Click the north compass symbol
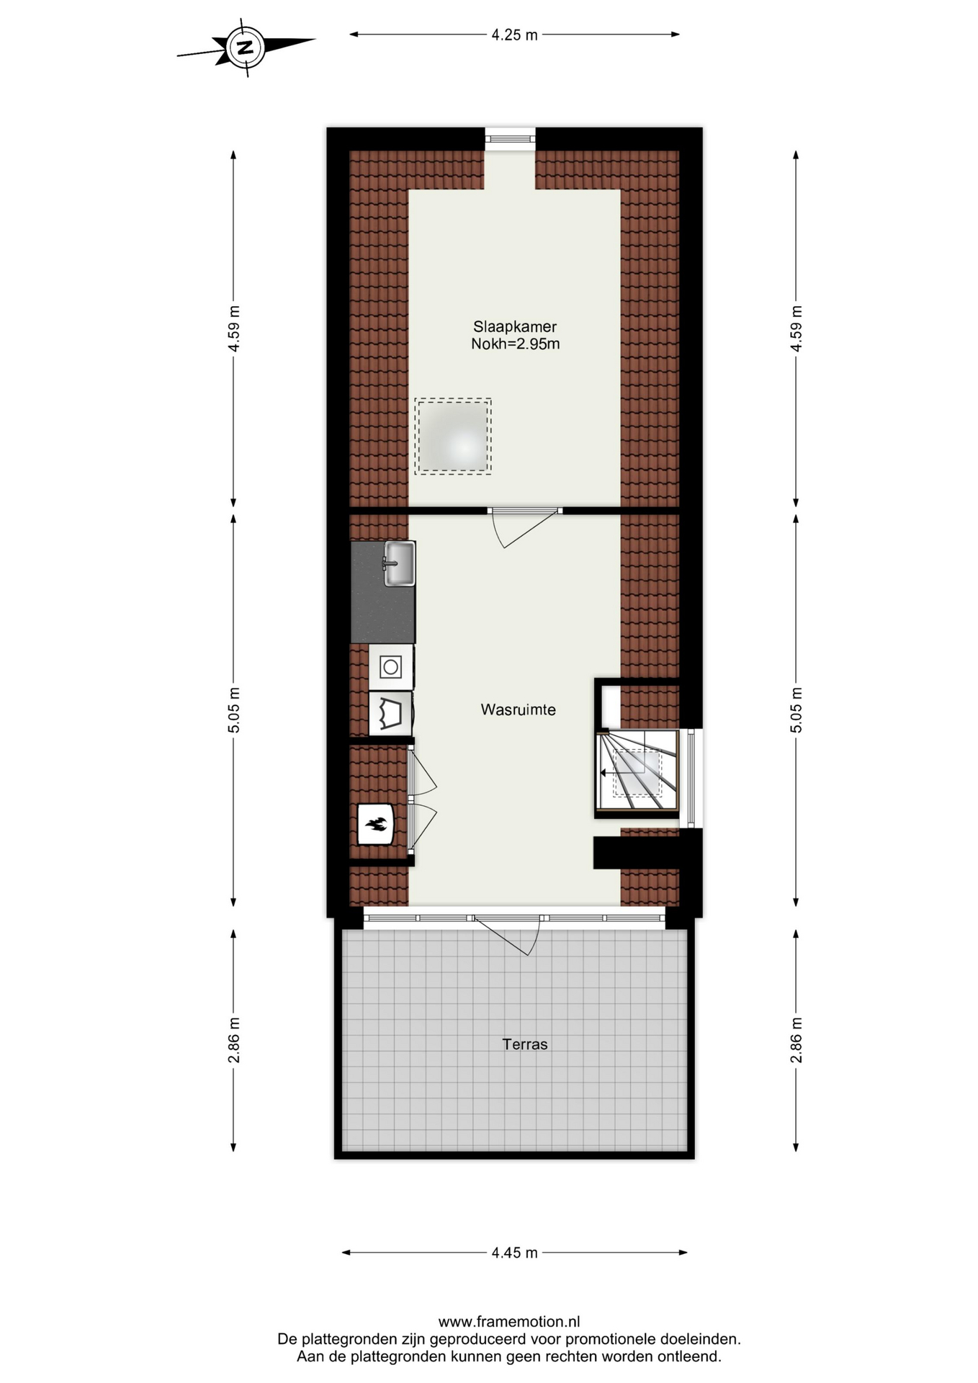point(246,48)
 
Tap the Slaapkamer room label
point(514,326)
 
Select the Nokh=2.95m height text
point(515,344)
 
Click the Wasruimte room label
point(518,710)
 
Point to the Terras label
point(525,1044)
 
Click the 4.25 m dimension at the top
point(514,35)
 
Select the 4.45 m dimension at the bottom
point(514,1253)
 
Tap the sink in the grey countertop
point(399,563)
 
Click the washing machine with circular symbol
point(391,667)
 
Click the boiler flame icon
point(376,824)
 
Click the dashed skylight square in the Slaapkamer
point(453,437)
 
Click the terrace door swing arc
point(506,936)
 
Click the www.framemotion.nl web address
point(509,1322)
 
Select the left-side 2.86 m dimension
point(233,1040)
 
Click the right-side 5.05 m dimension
point(796,710)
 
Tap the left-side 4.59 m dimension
point(233,328)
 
